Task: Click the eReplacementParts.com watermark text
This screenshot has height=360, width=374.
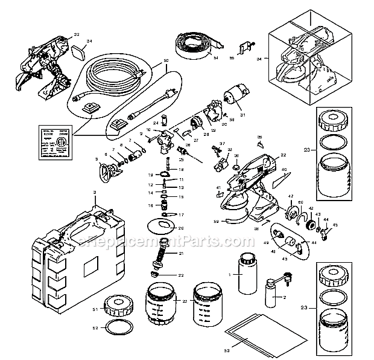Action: click(x=163, y=242)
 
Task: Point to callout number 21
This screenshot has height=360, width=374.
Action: click(x=180, y=254)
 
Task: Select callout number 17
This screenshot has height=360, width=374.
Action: click(x=180, y=215)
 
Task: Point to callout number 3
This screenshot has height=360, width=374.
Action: click(x=95, y=192)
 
